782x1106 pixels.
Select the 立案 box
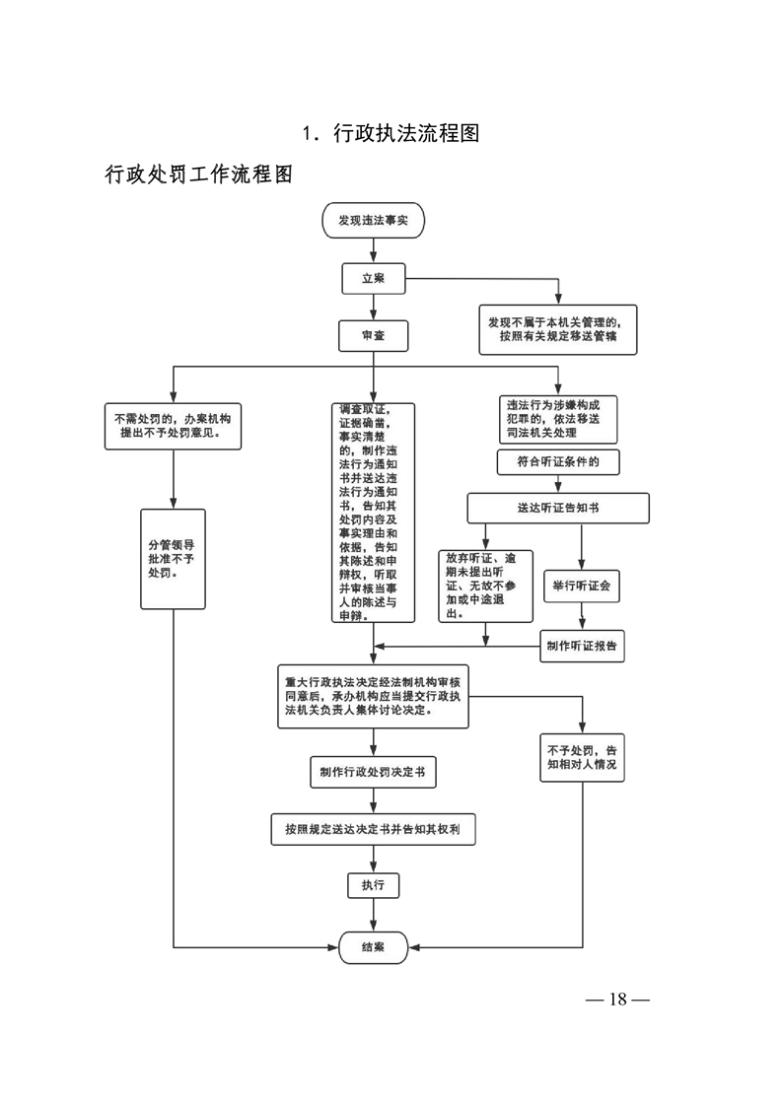[373, 278]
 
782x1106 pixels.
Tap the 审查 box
[373, 335]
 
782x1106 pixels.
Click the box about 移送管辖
[558, 328]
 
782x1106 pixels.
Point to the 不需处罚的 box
[174, 425]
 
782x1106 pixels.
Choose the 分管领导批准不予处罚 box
[174, 558]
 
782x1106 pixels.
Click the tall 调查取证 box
[373, 513]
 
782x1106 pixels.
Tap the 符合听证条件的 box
[558, 460]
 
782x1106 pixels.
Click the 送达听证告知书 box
[558, 507]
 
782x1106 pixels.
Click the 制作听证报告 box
[581, 647]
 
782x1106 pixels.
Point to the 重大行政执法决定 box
[373, 696]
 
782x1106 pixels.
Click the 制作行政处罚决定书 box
[373, 771]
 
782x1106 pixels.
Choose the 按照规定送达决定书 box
[373, 830]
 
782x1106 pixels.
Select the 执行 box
[373, 885]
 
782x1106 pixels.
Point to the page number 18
[617, 1000]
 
